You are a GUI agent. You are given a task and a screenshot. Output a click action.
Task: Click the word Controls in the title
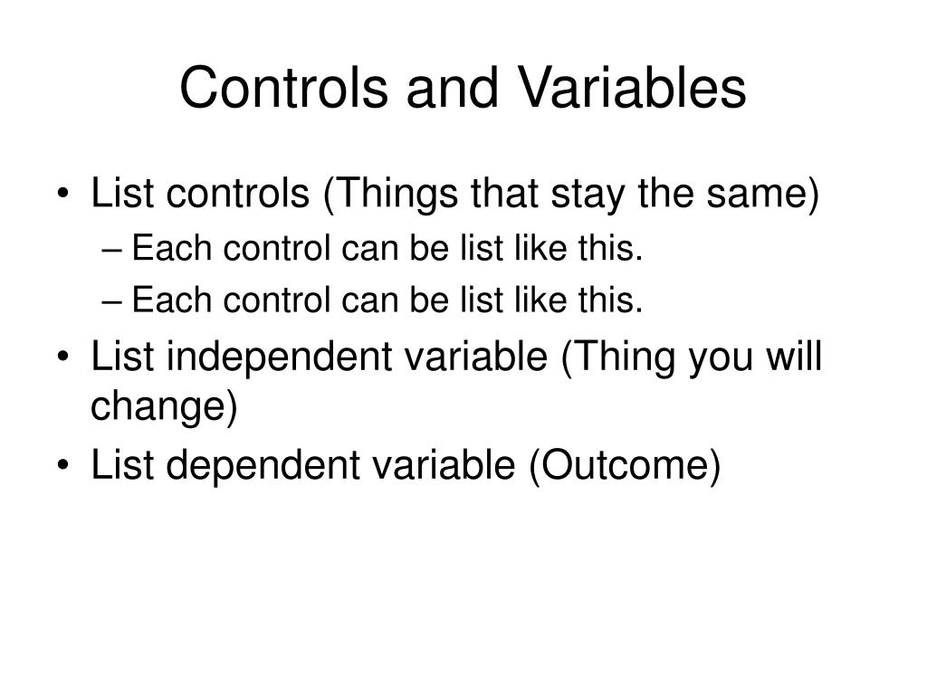[283, 88]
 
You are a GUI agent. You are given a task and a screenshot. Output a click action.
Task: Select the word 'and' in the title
[453, 88]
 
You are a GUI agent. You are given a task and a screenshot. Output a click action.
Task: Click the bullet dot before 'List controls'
[64, 194]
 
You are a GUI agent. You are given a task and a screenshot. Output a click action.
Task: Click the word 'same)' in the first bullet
[762, 194]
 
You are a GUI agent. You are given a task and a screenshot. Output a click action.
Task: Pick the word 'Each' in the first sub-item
[171, 248]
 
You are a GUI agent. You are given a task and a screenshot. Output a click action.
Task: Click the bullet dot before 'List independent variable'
[64, 357]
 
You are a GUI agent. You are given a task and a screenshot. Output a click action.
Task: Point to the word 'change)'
[164, 406]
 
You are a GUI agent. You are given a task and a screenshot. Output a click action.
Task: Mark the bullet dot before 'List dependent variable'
[64, 465]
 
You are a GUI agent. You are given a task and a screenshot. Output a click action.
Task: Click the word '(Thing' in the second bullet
[617, 357]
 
